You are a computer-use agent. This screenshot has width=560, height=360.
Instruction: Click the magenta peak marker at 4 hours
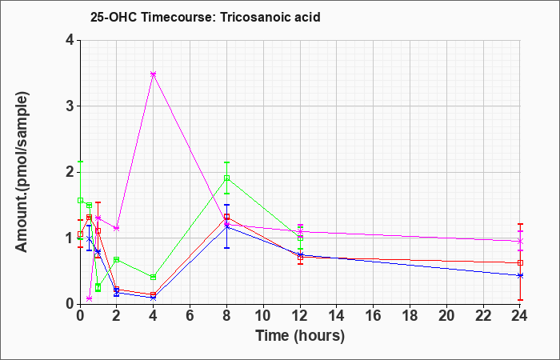pyautogui.click(x=154, y=74)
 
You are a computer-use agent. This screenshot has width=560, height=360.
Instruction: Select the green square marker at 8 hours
pyautogui.click(x=226, y=178)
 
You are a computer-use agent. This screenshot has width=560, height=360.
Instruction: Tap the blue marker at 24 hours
pyautogui.click(x=520, y=275)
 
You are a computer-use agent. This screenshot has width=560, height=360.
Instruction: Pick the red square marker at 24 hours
pyautogui.click(x=520, y=263)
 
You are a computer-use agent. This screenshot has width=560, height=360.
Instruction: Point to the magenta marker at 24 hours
pyautogui.click(x=520, y=242)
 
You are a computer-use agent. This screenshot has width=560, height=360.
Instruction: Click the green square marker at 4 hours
pyautogui.click(x=154, y=277)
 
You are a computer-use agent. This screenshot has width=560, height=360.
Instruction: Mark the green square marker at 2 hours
pyautogui.click(x=117, y=260)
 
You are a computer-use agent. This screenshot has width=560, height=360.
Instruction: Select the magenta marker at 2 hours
pyautogui.click(x=117, y=228)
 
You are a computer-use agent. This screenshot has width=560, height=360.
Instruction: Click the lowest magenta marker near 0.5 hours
pyautogui.click(x=90, y=298)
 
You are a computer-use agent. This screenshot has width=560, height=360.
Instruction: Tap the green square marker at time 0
pyautogui.click(x=80, y=200)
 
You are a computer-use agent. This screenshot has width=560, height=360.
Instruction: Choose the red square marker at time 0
pyautogui.click(x=80, y=234)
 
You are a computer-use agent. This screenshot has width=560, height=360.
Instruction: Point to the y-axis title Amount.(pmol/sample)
pyautogui.click(x=22, y=172)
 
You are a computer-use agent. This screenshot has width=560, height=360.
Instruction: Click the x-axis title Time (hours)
pyautogui.click(x=300, y=336)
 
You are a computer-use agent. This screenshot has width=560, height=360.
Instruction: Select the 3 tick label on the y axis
pyautogui.click(x=70, y=106)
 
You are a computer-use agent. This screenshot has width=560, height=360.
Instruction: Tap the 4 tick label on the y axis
pyautogui.click(x=70, y=40)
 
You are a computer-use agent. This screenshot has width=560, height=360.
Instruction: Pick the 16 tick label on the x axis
pyautogui.click(x=374, y=316)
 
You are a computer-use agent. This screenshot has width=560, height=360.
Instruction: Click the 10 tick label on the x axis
pyautogui.click(x=263, y=316)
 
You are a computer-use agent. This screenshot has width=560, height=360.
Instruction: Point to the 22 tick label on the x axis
pyautogui.click(x=483, y=316)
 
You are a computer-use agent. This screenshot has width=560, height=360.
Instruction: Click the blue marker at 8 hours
pyautogui.click(x=226, y=226)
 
